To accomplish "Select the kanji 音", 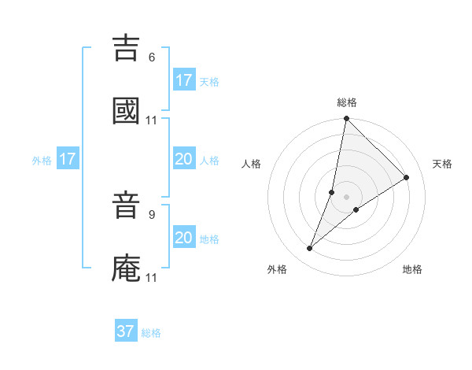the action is (127, 208).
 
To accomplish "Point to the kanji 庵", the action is (127, 268).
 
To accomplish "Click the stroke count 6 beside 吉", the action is (152, 57).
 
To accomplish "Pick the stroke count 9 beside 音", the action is (152, 213).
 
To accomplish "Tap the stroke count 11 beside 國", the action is (152, 120).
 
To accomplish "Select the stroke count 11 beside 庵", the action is (152, 278).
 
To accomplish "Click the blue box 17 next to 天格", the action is (184, 80).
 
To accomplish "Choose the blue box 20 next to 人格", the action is (184, 159).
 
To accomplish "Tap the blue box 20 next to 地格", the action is (184, 238).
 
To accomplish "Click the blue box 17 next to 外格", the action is (68, 159).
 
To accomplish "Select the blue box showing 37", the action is (126, 331).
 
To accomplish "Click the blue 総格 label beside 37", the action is (151, 333).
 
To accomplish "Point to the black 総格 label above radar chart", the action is (347, 102).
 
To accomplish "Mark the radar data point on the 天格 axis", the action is (407, 177).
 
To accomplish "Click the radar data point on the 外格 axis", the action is (309, 249).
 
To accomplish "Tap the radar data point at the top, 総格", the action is (346, 120).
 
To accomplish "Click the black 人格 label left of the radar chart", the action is (251, 164).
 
